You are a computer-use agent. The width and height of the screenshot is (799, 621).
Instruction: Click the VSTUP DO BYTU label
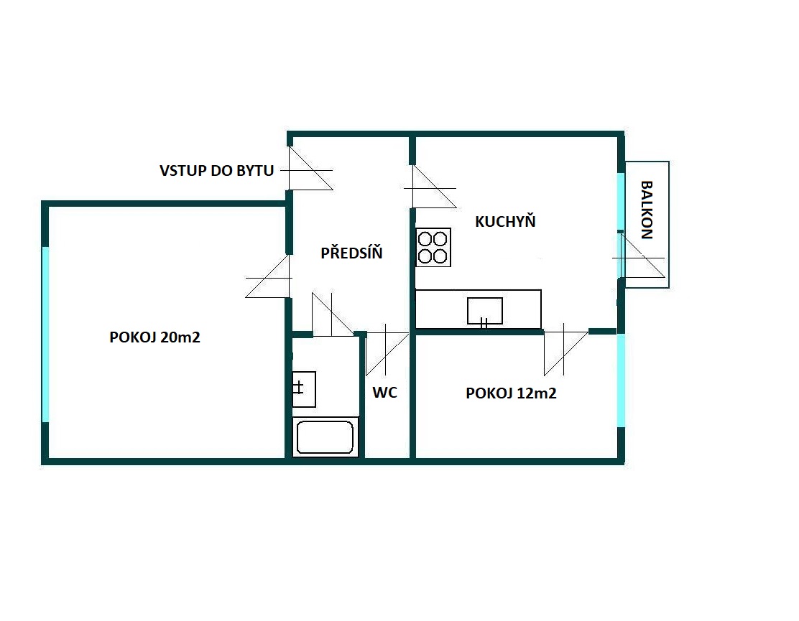pyautogui.click(x=216, y=171)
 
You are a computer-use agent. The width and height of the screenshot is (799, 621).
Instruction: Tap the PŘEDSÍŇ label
pyautogui.click(x=351, y=252)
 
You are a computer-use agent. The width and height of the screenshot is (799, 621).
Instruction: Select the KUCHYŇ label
pyautogui.click(x=505, y=221)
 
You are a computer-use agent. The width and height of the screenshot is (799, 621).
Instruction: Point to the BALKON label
pyautogui.click(x=646, y=210)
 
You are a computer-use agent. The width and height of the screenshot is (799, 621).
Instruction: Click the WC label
pyautogui.click(x=384, y=393)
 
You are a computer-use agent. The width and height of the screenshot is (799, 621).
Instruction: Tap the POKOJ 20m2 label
pyautogui.click(x=155, y=337)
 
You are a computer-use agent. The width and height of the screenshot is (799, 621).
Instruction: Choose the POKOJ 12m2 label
pyautogui.click(x=511, y=393)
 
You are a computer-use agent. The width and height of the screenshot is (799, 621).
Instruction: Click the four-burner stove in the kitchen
pyautogui.click(x=433, y=248)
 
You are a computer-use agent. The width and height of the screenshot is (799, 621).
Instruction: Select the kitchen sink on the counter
pyautogui.click(x=484, y=311)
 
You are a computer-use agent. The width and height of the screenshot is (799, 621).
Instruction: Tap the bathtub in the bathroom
pyautogui.click(x=325, y=436)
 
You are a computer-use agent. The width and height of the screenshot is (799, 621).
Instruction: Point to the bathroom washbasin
pyautogui.click(x=304, y=389)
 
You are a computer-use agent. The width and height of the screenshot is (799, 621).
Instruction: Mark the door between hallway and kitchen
pyautogui.click(x=430, y=187)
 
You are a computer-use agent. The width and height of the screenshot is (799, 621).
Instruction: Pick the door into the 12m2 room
pyautogui.click(x=565, y=350)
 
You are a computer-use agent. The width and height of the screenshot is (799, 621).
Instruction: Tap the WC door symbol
pyautogui.click(x=387, y=351)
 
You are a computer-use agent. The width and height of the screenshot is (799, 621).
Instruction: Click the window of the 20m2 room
pyautogui.click(x=45, y=335)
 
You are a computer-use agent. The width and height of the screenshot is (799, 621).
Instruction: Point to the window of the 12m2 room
pyautogui.click(x=621, y=380)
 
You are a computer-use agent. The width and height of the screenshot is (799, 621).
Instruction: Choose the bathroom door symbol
pyautogui.click(x=332, y=314)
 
